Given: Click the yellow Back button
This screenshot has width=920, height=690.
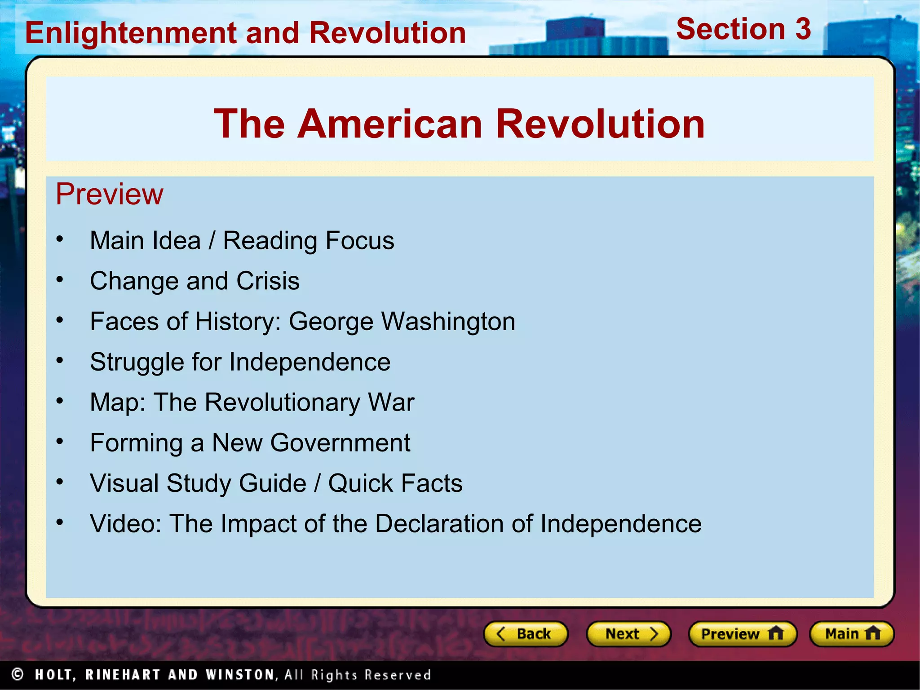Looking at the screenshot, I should point(525,634).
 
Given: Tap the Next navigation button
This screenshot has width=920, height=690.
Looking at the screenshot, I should point(628,634).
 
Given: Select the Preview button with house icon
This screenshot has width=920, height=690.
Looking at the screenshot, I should point(742,634).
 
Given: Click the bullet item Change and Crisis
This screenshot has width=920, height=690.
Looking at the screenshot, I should point(195,281).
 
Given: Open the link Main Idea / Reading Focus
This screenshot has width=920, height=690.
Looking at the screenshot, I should point(242,241).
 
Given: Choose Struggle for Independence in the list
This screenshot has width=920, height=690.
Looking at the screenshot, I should point(240,362).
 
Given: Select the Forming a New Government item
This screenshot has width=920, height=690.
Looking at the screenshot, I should point(250,443).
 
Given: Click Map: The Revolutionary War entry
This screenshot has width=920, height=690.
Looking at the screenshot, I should point(252,402).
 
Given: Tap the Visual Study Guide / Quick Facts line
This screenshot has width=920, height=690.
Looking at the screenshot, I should point(276,483).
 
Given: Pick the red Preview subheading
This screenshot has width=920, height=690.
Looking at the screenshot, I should point(109,194).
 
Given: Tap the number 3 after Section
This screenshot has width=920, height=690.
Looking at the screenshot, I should point(803,29).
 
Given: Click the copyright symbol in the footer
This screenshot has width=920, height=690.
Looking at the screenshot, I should point(18,674).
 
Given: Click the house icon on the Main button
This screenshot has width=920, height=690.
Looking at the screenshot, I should point(872,633).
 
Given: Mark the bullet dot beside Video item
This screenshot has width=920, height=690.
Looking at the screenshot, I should point(60,522).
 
